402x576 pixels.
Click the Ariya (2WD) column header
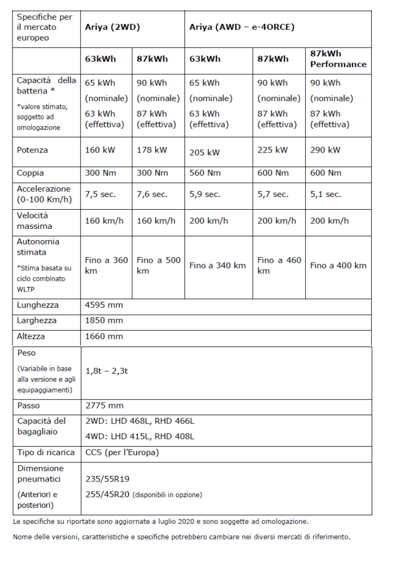pyautogui.click(x=112, y=27)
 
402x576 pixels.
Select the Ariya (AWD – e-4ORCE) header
pyautogui.click(x=242, y=27)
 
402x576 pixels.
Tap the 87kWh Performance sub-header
pyautogui.click(x=338, y=58)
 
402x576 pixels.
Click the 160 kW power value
pyautogui.click(x=100, y=150)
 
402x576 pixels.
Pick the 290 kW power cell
pyautogui.click(x=326, y=150)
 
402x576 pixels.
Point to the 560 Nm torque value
pyautogui.click(x=205, y=173)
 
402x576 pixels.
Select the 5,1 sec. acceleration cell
pyautogui.click(x=325, y=194)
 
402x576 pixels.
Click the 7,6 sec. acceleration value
pyautogui.click(x=152, y=194)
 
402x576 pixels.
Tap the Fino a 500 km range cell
pyautogui.click(x=159, y=265)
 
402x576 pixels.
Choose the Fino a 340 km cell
pyautogui.click(x=218, y=265)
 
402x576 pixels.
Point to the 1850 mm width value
pyautogui.click(x=103, y=321)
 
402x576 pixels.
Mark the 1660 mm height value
pyautogui.click(x=103, y=336)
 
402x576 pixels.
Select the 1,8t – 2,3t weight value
pyautogui.click(x=106, y=371)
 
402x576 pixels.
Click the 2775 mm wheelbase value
pyautogui.click(x=104, y=406)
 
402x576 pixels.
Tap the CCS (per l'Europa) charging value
pyautogui.click(x=122, y=452)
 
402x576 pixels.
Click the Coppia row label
pyautogui.click(x=30, y=173)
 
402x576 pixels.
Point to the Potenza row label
pyautogui.click(x=33, y=150)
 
